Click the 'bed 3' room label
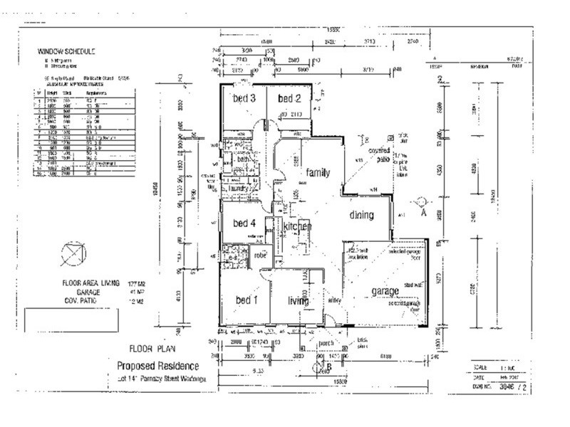click(244, 98)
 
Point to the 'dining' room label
click(368, 214)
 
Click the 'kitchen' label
click(297, 226)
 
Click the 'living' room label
click(298, 301)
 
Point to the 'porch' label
click(326, 343)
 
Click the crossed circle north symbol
click(73, 253)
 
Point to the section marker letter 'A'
click(423, 211)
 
